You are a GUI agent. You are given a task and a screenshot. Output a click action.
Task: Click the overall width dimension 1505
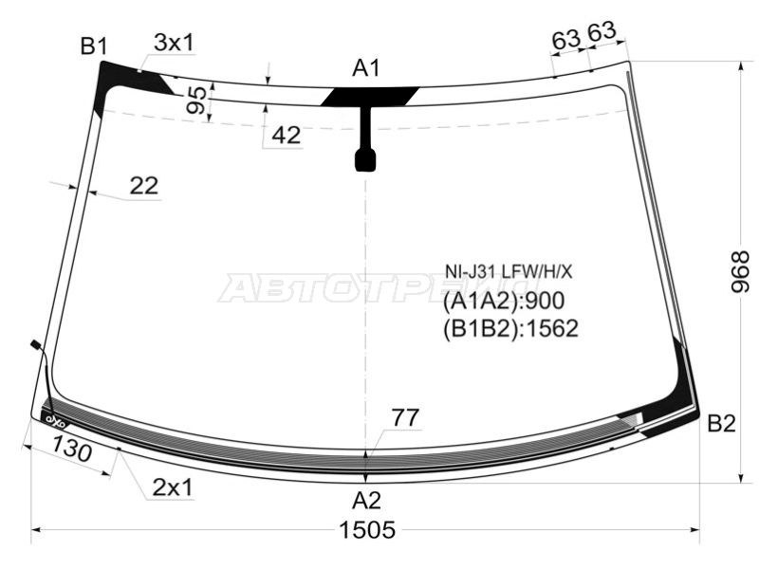click(x=367, y=530)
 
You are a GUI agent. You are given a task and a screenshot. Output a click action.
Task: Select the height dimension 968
click(x=740, y=272)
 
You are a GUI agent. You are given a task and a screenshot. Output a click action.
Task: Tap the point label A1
click(x=366, y=68)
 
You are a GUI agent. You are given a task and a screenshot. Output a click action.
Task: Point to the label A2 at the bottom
click(x=366, y=501)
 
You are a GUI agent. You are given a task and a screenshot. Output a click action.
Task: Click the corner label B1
click(x=94, y=46)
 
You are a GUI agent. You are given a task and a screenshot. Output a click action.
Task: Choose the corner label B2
click(x=721, y=423)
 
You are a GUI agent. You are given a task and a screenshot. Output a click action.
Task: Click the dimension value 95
click(x=196, y=101)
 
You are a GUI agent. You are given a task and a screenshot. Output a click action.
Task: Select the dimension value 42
click(x=287, y=135)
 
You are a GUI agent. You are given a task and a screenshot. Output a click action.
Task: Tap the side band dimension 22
click(x=144, y=185)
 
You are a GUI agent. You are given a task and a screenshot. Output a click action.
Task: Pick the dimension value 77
click(x=405, y=417)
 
